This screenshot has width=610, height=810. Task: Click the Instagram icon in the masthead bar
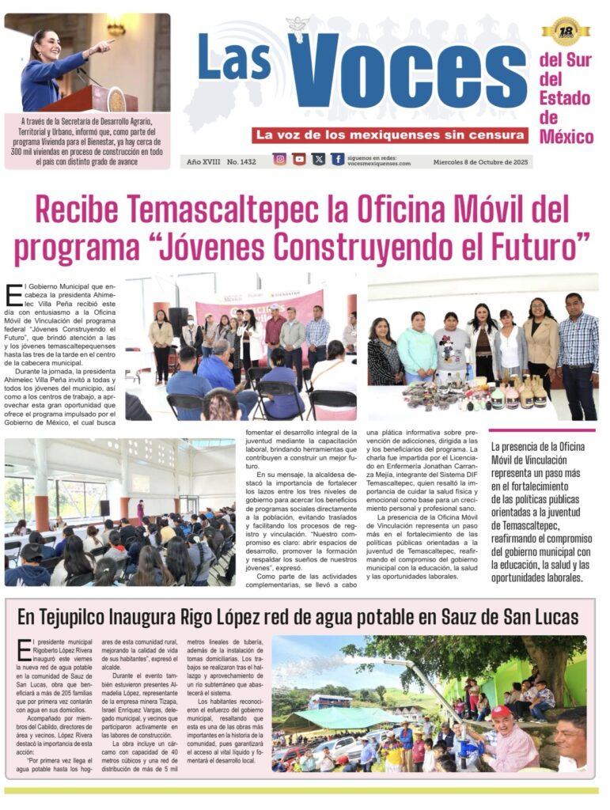[279, 159]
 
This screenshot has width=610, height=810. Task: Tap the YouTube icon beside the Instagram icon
[299, 159]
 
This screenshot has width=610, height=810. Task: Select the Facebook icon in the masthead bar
[338, 159]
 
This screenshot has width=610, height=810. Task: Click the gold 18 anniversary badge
[566, 31]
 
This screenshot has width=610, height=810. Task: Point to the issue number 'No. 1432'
[241, 161]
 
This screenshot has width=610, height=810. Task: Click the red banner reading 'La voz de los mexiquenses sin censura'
[390, 135]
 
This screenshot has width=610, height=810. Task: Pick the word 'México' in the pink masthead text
[566, 137]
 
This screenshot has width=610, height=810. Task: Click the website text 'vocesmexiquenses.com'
[379, 164]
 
